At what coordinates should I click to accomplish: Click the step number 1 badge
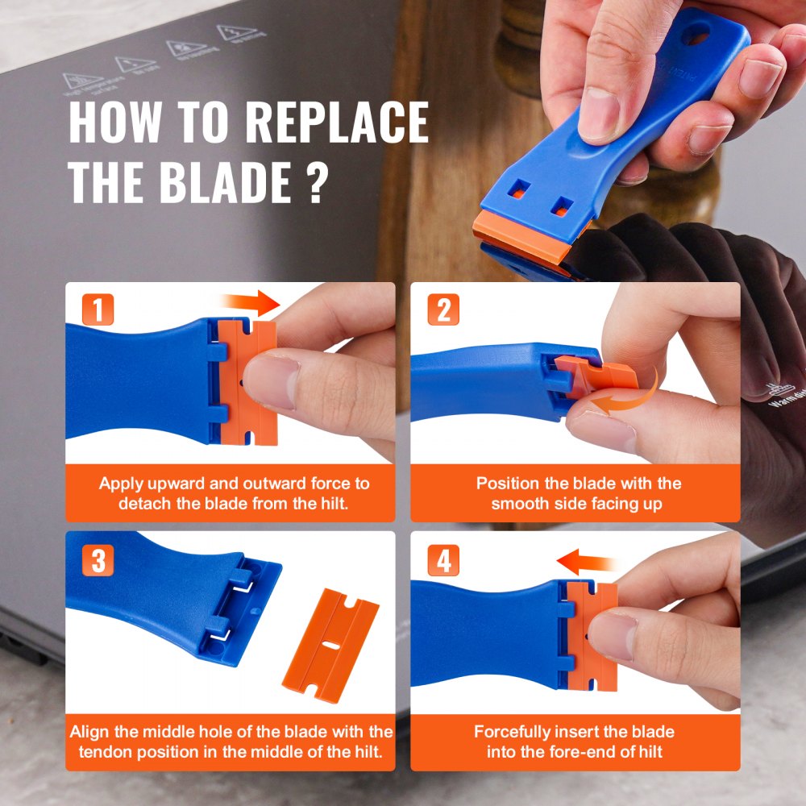(x=98, y=310)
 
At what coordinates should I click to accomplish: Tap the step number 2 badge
(x=442, y=310)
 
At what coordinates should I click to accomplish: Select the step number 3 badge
(x=98, y=560)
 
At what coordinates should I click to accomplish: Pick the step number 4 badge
(x=442, y=560)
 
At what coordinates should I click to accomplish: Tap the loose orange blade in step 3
(x=330, y=640)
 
